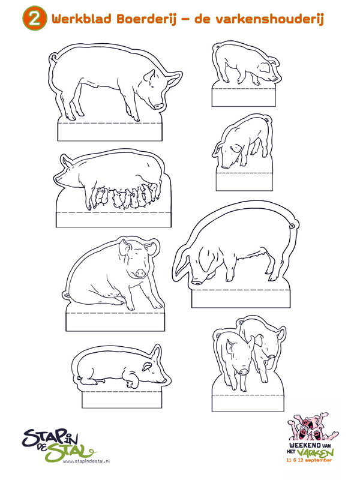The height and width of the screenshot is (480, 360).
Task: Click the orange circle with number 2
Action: [35, 19]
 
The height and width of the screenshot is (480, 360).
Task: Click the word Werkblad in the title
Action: [82, 19]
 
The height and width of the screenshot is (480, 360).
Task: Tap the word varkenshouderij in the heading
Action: [269, 19]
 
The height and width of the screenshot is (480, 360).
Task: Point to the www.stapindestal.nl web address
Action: [86, 460]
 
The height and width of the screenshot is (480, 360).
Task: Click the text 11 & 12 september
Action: [309, 460]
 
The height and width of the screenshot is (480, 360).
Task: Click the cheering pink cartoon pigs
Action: [312, 427]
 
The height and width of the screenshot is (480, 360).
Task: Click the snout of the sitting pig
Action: [140, 272]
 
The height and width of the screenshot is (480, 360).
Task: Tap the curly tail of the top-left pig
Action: [54, 58]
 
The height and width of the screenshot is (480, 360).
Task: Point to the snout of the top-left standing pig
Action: [159, 106]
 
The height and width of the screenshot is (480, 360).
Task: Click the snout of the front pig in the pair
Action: [244, 371]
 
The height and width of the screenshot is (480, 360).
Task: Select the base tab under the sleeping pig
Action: [122, 400]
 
